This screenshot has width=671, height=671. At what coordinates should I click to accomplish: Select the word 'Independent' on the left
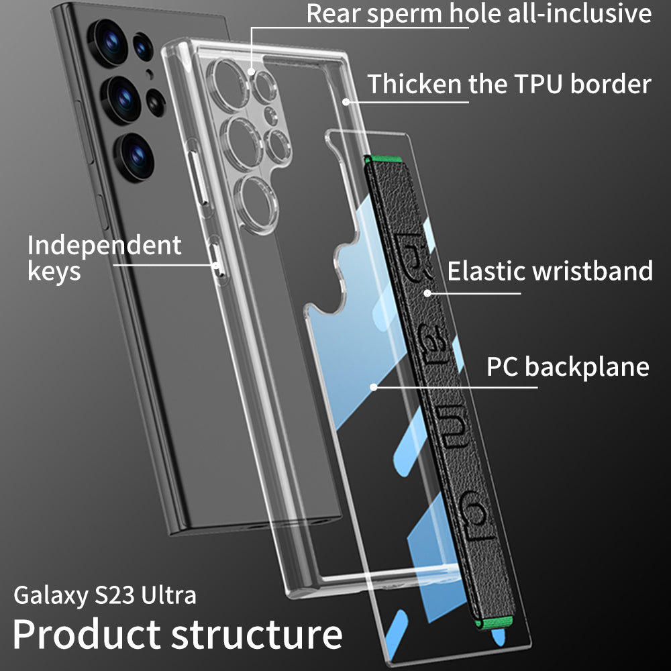click(x=104, y=246)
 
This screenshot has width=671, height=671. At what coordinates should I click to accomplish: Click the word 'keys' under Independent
click(x=54, y=272)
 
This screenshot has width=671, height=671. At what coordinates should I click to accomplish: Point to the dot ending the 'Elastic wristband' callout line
click(x=426, y=293)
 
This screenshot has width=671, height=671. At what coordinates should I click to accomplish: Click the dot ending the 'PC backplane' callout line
click(x=373, y=387)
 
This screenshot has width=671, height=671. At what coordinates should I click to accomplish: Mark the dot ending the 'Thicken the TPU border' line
click(x=346, y=101)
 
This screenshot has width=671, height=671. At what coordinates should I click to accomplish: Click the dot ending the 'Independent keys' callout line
click(x=216, y=264)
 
